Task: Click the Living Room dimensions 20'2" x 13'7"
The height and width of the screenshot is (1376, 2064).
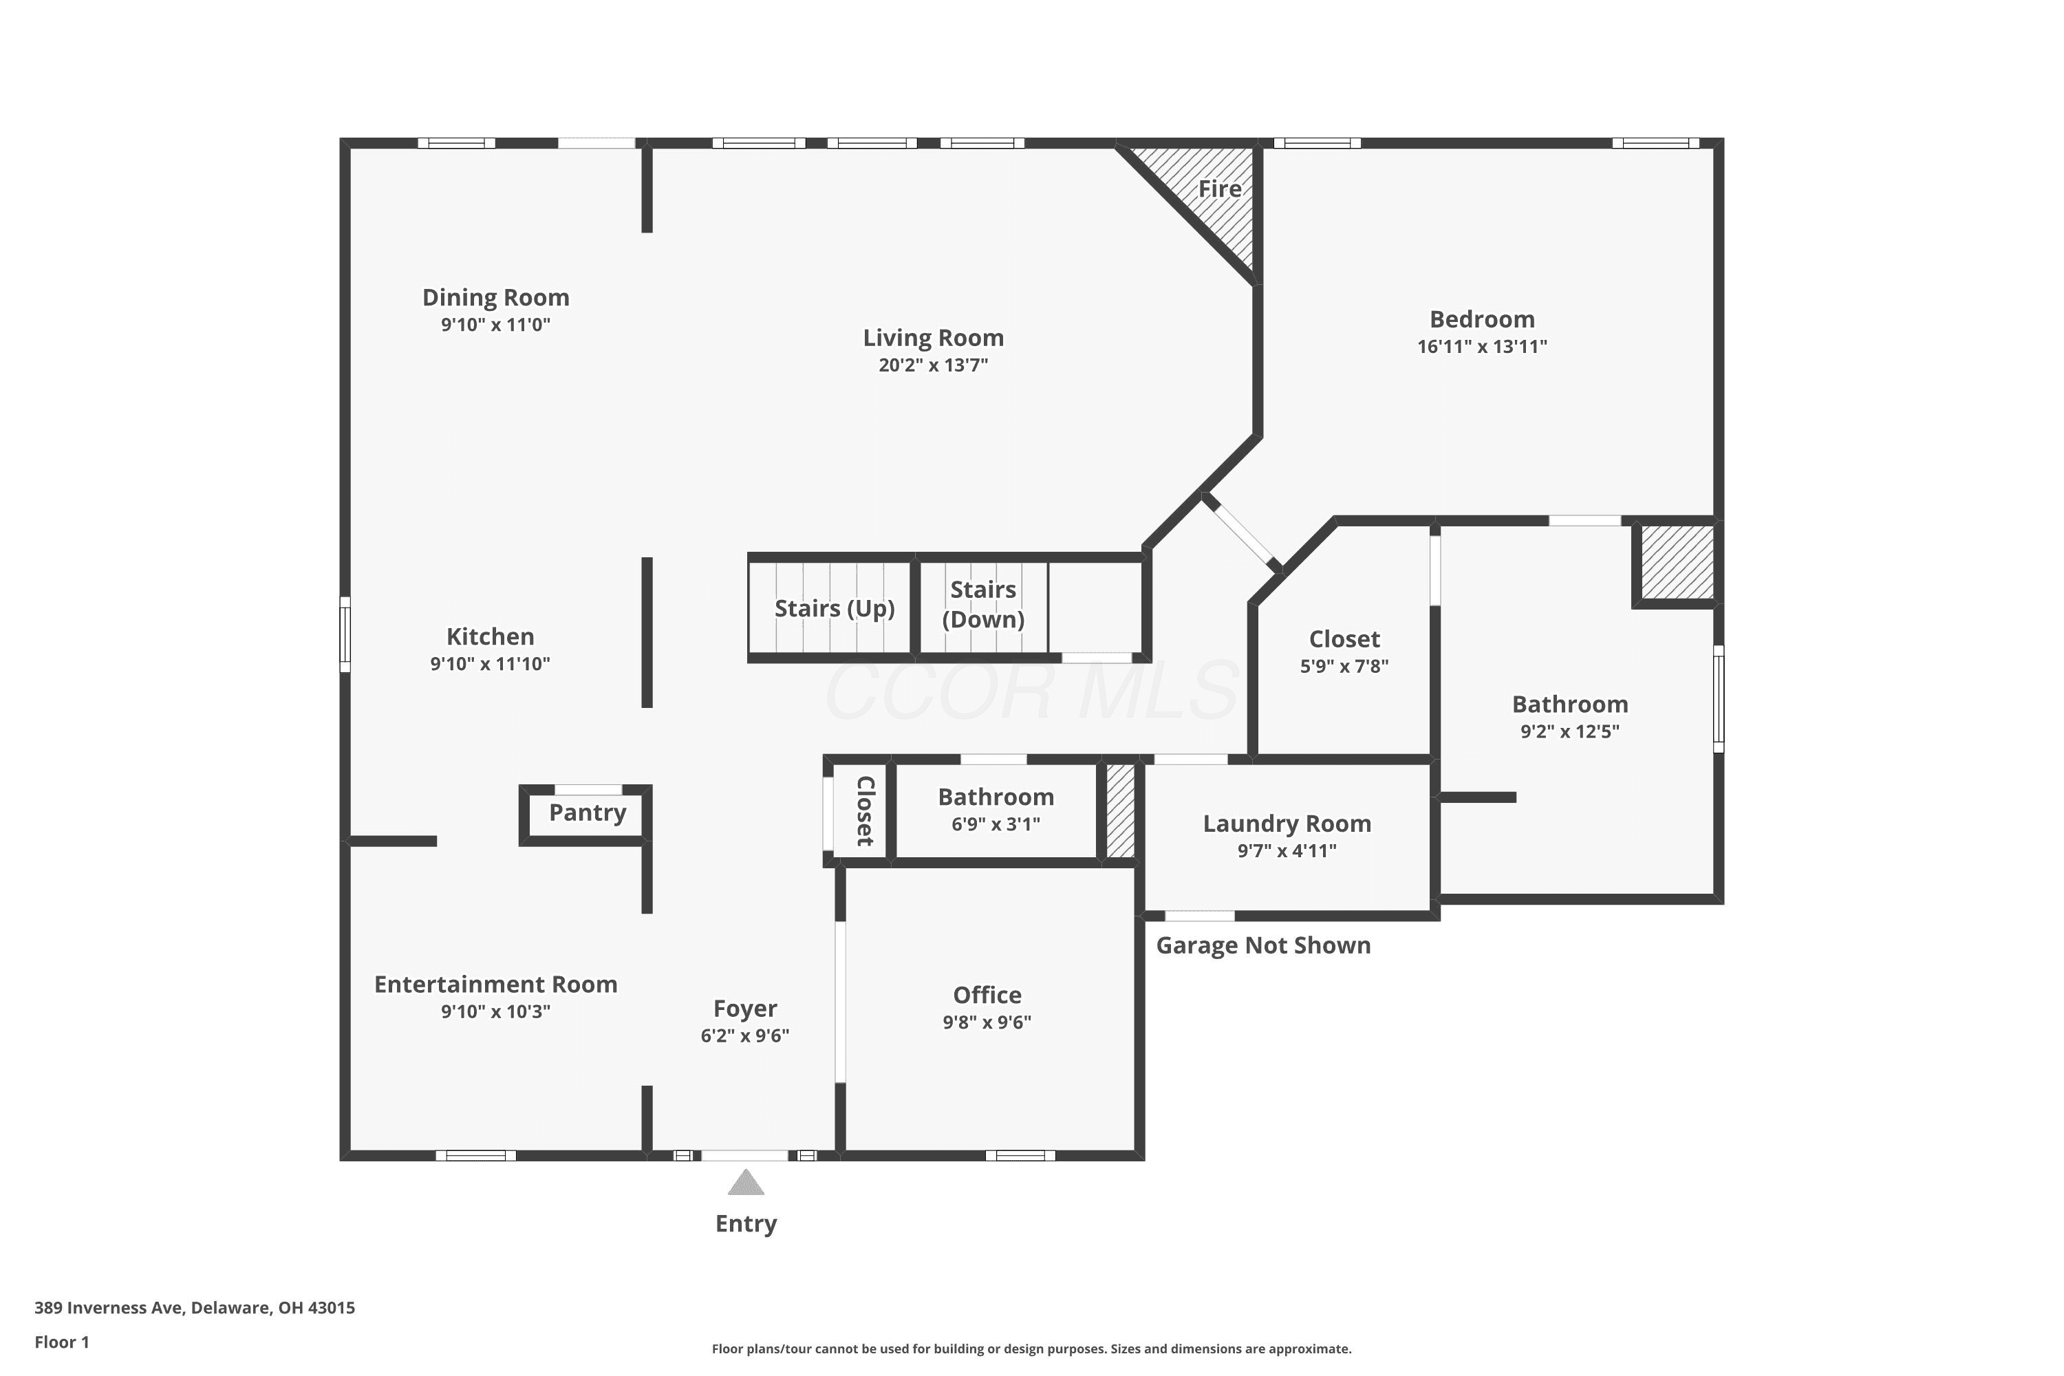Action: point(933,365)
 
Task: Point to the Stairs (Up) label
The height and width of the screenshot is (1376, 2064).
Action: point(834,609)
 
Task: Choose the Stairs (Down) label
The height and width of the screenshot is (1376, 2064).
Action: point(983,605)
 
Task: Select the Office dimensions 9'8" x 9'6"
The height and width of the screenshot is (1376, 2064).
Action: point(987,1022)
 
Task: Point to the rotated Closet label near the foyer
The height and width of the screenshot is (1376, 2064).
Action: point(864,811)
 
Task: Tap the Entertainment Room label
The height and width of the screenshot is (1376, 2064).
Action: point(496,985)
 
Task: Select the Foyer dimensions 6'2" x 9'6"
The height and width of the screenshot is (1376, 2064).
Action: point(744,1035)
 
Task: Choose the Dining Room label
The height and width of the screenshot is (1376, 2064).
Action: point(496,297)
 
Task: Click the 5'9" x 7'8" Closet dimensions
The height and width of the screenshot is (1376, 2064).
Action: point(1344,666)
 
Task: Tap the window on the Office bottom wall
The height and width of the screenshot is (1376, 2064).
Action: point(1020,1155)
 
